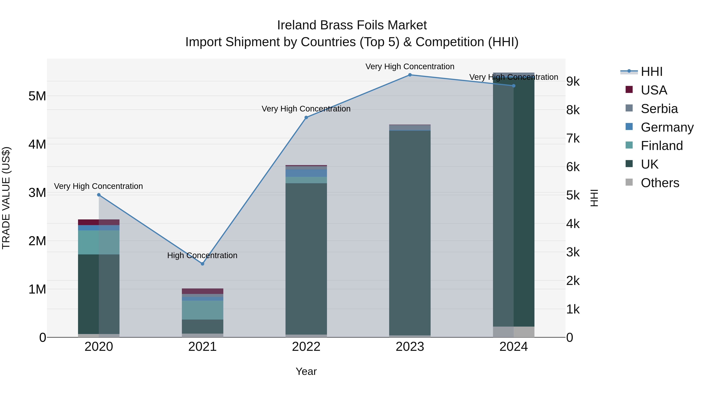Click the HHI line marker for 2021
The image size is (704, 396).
pyautogui.click(x=203, y=264)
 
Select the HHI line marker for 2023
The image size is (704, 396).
pyautogui.click(x=410, y=75)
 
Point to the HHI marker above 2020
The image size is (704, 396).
pyautogui.click(x=99, y=195)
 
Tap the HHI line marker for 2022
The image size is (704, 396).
pyautogui.click(x=306, y=118)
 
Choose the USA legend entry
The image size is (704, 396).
pyautogui.click(x=654, y=90)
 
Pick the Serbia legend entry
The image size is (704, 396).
pyautogui.click(x=659, y=109)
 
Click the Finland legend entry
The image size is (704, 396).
pyautogui.click(x=661, y=146)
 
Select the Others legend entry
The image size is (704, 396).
pyautogui.click(x=660, y=183)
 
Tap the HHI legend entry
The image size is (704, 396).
pyautogui.click(x=652, y=72)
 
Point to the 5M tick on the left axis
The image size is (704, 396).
pyautogui.click(x=37, y=96)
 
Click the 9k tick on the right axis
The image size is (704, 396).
pyautogui.click(x=573, y=81)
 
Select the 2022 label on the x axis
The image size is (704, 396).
pyautogui.click(x=306, y=347)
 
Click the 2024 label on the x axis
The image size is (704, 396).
pyautogui.click(x=514, y=347)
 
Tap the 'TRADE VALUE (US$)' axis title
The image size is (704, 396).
pyautogui.click(x=6, y=198)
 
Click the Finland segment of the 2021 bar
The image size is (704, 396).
pyautogui.click(x=203, y=310)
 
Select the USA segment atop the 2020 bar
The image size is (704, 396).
pyautogui.click(x=99, y=222)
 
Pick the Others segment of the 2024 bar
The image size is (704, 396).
pyautogui.click(x=514, y=332)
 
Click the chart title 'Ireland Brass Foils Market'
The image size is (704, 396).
pyautogui.click(x=352, y=25)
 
